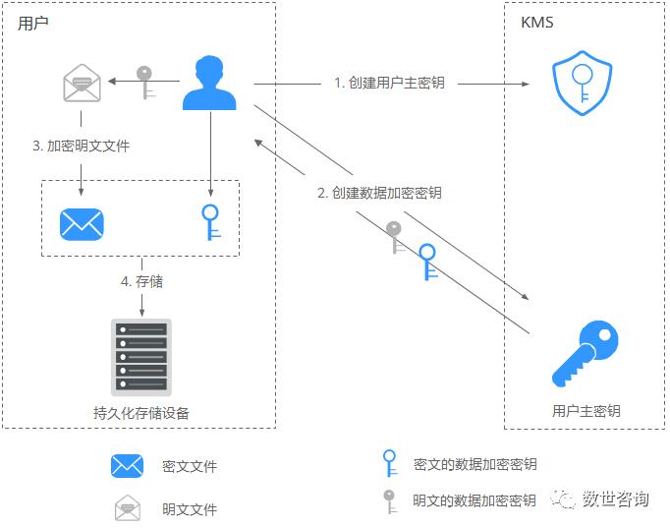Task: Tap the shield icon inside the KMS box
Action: pyautogui.click(x=582, y=86)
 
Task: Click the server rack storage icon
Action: pyautogui.click(x=141, y=356)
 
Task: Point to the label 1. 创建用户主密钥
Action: pyautogui.click(x=388, y=83)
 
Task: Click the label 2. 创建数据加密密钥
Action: pyautogui.click(x=379, y=193)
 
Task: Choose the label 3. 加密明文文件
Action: pyautogui.click(x=81, y=146)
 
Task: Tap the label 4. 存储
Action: pyautogui.click(x=141, y=281)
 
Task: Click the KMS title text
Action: pyautogui.click(x=536, y=23)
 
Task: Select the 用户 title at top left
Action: pyautogui.click(x=32, y=23)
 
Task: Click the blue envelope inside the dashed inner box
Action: pyautogui.click(x=82, y=224)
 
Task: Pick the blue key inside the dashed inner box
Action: pyautogui.click(x=208, y=222)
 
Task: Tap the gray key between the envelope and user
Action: pyautogui.click(x=145, y=83)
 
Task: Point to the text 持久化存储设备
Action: pyautogui.click(x=141, y=413)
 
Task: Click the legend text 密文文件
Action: pyautogui.click(x=190, y=466)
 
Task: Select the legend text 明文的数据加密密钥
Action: pyautogui.click(x=475, y=500)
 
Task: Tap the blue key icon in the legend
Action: pyautogui.click(x=390, y=463)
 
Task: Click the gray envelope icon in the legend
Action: pyautogui.click(x=128, y=509)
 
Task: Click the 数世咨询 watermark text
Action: pyautogui.click(x=615, y=499)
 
